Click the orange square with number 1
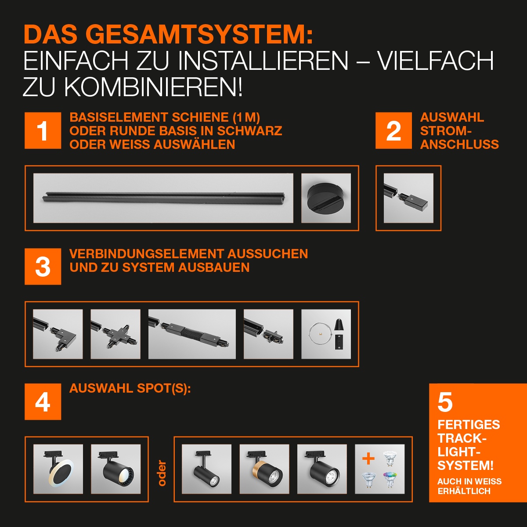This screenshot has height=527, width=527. (43, 130)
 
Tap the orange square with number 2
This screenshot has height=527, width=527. (393, 130)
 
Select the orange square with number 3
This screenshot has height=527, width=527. (43, 267)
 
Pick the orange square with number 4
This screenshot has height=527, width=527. (43, 401)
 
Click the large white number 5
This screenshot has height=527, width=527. (445, 402)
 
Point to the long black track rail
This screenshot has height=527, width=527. (163, 197)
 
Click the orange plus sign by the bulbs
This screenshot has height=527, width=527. (368, 458)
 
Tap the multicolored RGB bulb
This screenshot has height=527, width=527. (390, 480)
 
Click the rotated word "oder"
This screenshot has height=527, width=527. (162, 473)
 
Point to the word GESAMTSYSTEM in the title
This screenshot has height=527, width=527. (199, 34)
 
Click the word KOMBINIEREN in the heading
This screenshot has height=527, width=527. (153, 87)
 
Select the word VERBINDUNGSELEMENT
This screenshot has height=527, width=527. (147, 253)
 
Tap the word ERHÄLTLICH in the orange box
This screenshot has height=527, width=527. (464, 491)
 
